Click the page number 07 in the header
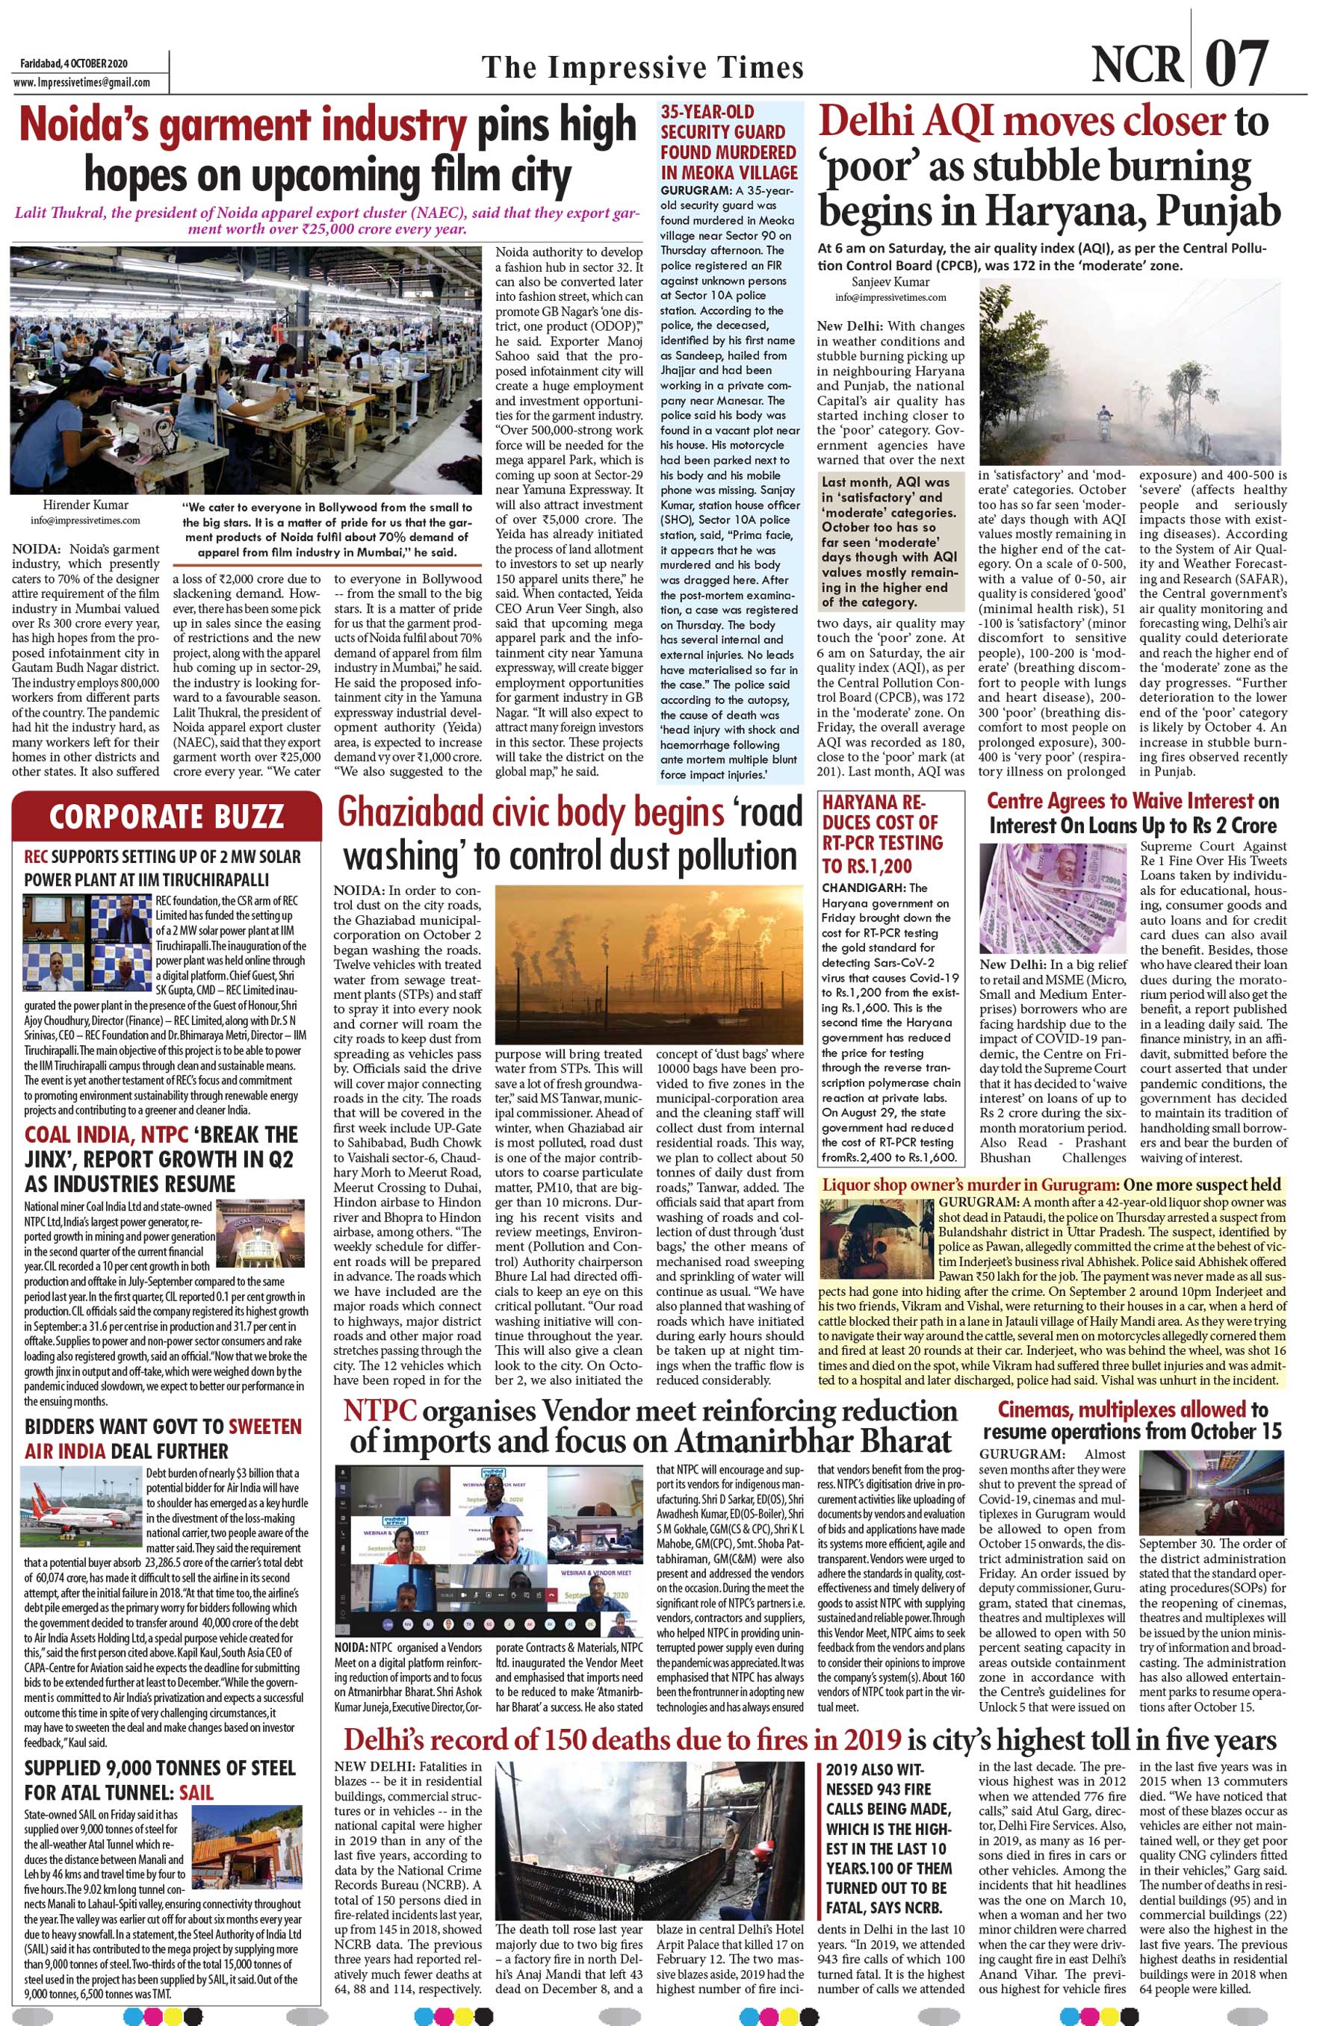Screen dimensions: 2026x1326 1236,64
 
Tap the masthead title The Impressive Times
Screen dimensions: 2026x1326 642,67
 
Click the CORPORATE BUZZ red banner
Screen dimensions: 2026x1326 166,817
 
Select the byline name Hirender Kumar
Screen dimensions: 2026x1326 75,505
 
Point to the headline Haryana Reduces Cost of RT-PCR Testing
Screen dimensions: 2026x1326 882,833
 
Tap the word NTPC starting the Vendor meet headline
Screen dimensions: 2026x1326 379,1412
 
